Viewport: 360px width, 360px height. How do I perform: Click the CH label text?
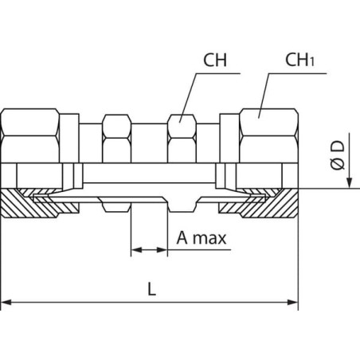(215, 60)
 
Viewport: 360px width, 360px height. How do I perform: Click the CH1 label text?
(299, 60)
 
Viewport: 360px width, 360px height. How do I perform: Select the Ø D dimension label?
(338, 155)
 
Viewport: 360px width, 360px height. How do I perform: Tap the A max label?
(202, 238)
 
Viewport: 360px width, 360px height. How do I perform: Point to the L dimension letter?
(151, 289)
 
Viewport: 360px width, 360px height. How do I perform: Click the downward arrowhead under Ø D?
(350, 182)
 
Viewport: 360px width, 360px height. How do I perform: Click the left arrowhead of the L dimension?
(6, 302)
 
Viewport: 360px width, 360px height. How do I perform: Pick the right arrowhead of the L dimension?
(293, 302)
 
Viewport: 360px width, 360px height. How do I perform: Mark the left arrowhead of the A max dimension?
(136, 250)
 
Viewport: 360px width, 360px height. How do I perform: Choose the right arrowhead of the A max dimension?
(162, 250)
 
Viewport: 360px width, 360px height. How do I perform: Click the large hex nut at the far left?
(30, 135)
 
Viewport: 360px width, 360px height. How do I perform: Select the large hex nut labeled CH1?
(268, 135)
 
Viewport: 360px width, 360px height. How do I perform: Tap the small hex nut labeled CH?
(182, 139)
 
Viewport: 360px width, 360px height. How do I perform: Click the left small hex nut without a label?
(116, 139)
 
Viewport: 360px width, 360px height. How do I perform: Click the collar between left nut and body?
(69, 138)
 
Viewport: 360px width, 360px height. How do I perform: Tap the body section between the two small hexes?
(149, 143)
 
